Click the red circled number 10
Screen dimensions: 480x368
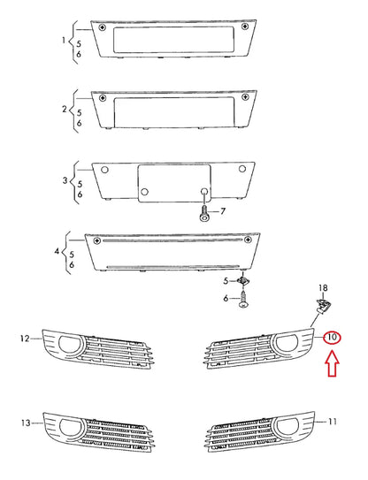pos(332,338)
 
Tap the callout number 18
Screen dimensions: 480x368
pos(323,288)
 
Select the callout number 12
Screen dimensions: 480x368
pos(25,337)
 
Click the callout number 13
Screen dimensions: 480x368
pos(25,421)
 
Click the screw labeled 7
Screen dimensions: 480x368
pos(204,214)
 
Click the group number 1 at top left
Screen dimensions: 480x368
pos(64,41)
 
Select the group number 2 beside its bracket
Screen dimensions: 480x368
pos(64,109)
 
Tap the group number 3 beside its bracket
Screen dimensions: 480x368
pos(64,180)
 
